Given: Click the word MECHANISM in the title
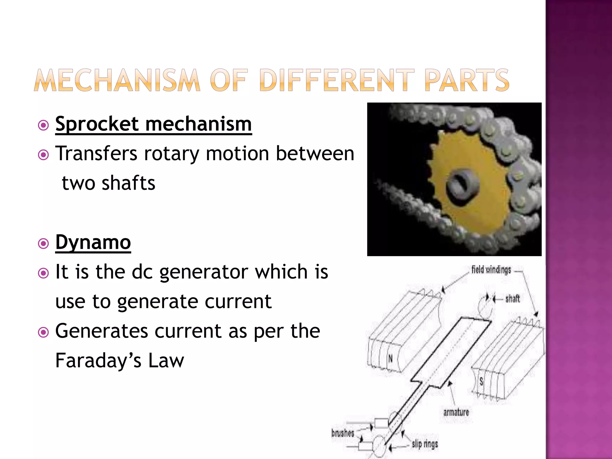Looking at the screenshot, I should point(117,80).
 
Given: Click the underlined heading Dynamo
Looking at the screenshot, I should point(93,242).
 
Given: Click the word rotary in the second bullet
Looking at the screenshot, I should point(172,154).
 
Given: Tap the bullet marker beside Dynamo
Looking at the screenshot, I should point(44,244).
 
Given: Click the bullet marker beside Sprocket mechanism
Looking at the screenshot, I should point(44,126).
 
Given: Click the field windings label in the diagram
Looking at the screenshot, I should point(491,270).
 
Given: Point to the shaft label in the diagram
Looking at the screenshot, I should point(512,299).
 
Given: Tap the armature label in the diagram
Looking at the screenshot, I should point(456,412).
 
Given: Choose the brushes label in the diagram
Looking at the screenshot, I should point(342,433).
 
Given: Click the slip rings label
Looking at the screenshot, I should point(425,444).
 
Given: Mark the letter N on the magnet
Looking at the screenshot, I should point(390,358).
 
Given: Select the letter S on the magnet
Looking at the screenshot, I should point(481,381).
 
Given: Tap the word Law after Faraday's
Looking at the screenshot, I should point(166,360).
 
